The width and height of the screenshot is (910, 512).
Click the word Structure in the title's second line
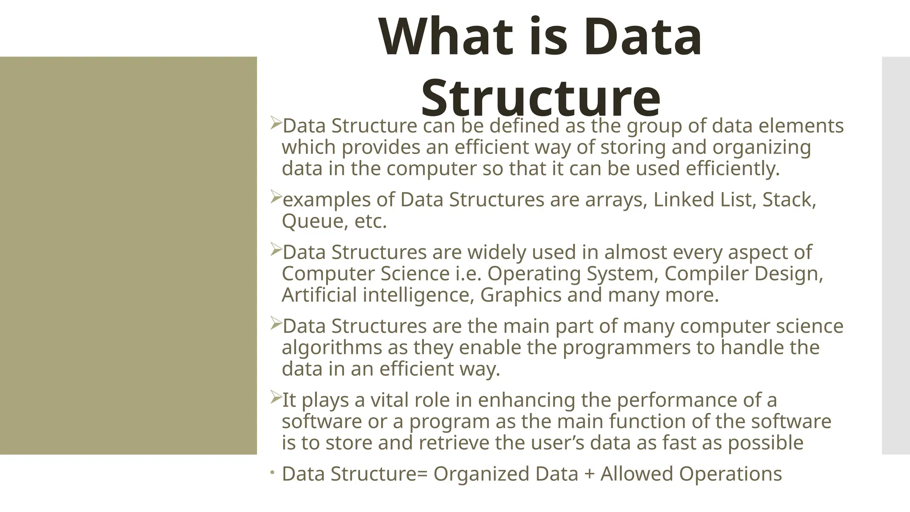(540, 98)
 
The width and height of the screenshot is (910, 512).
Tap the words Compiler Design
(743, 273)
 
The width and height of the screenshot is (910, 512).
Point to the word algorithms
(331, 348)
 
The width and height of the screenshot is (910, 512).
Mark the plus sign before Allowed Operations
(589, 474)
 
